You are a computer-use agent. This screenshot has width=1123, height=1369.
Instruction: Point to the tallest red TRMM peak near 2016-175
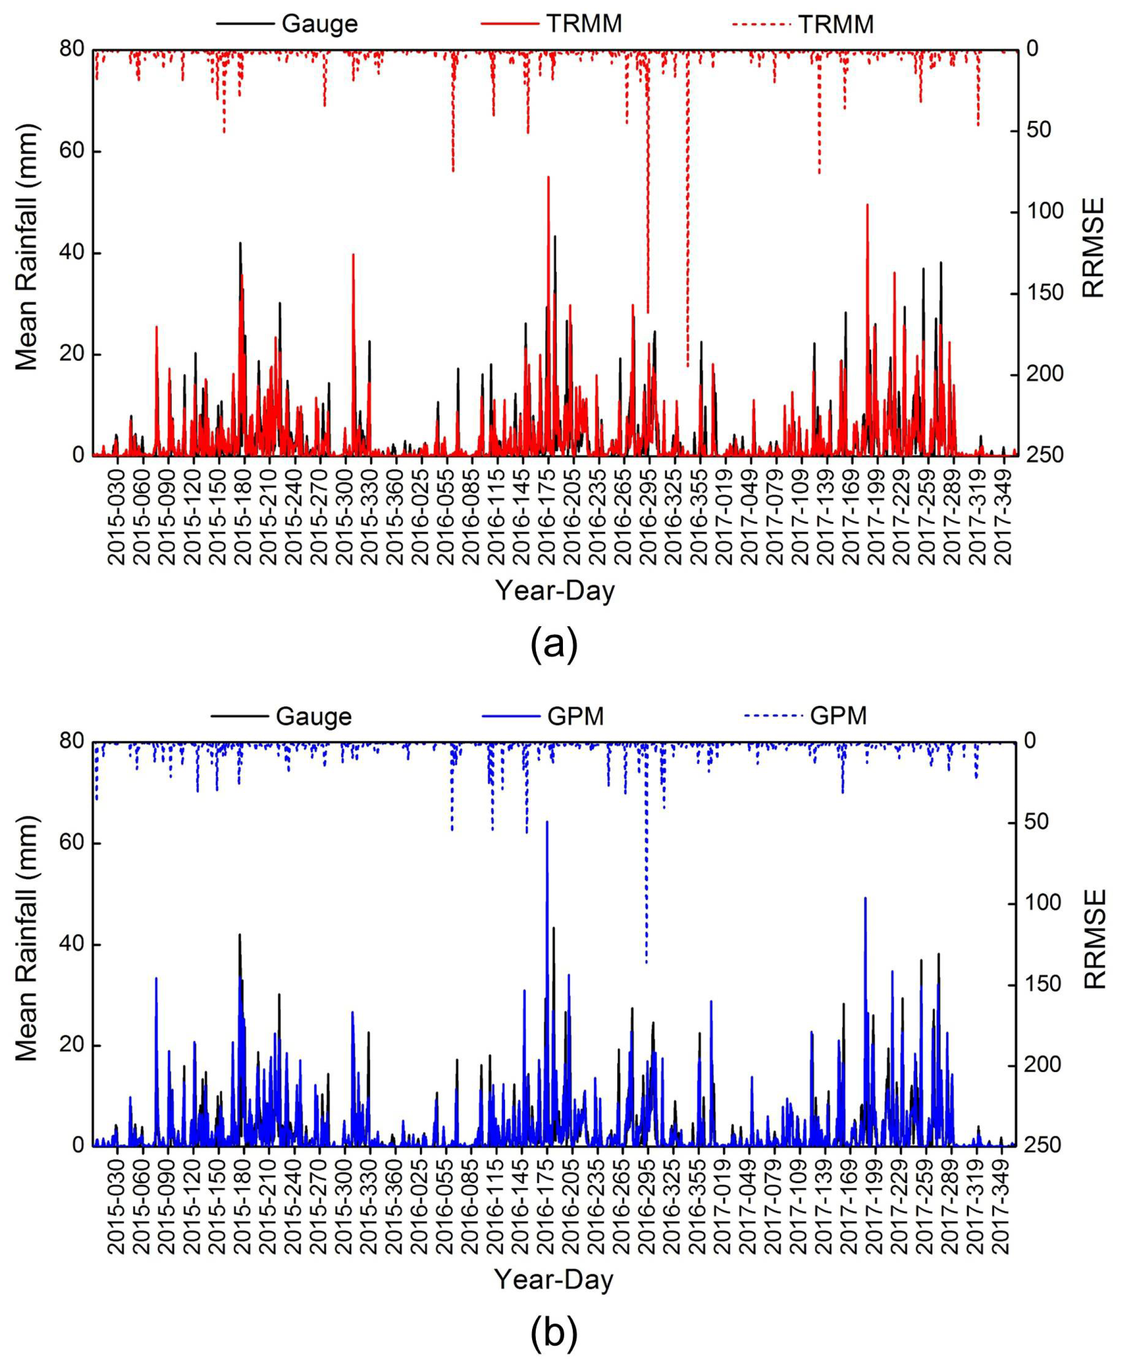coord(548,178)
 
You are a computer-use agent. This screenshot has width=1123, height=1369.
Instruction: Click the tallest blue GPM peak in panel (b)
coord(547,823)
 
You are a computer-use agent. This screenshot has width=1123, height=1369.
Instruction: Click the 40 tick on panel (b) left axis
coord(72,945)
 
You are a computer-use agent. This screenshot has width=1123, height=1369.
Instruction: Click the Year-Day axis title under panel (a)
coord(554,591)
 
